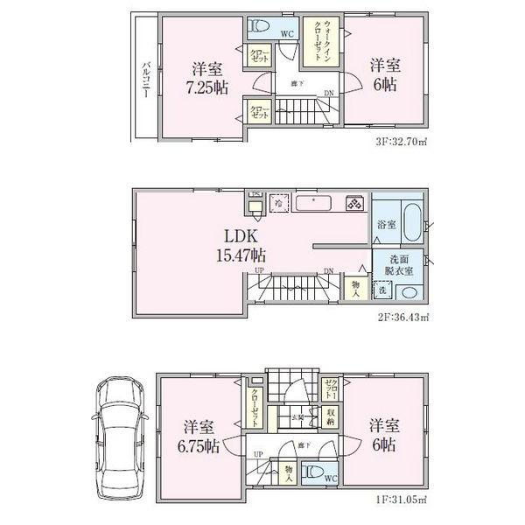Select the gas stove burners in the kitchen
coord(355,203)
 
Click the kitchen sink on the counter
coord(310,203)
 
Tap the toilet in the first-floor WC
coord(311,475)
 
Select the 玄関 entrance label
coord(298,417)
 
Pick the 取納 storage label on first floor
coord(331,416)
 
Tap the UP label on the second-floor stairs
coord(259,270)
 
